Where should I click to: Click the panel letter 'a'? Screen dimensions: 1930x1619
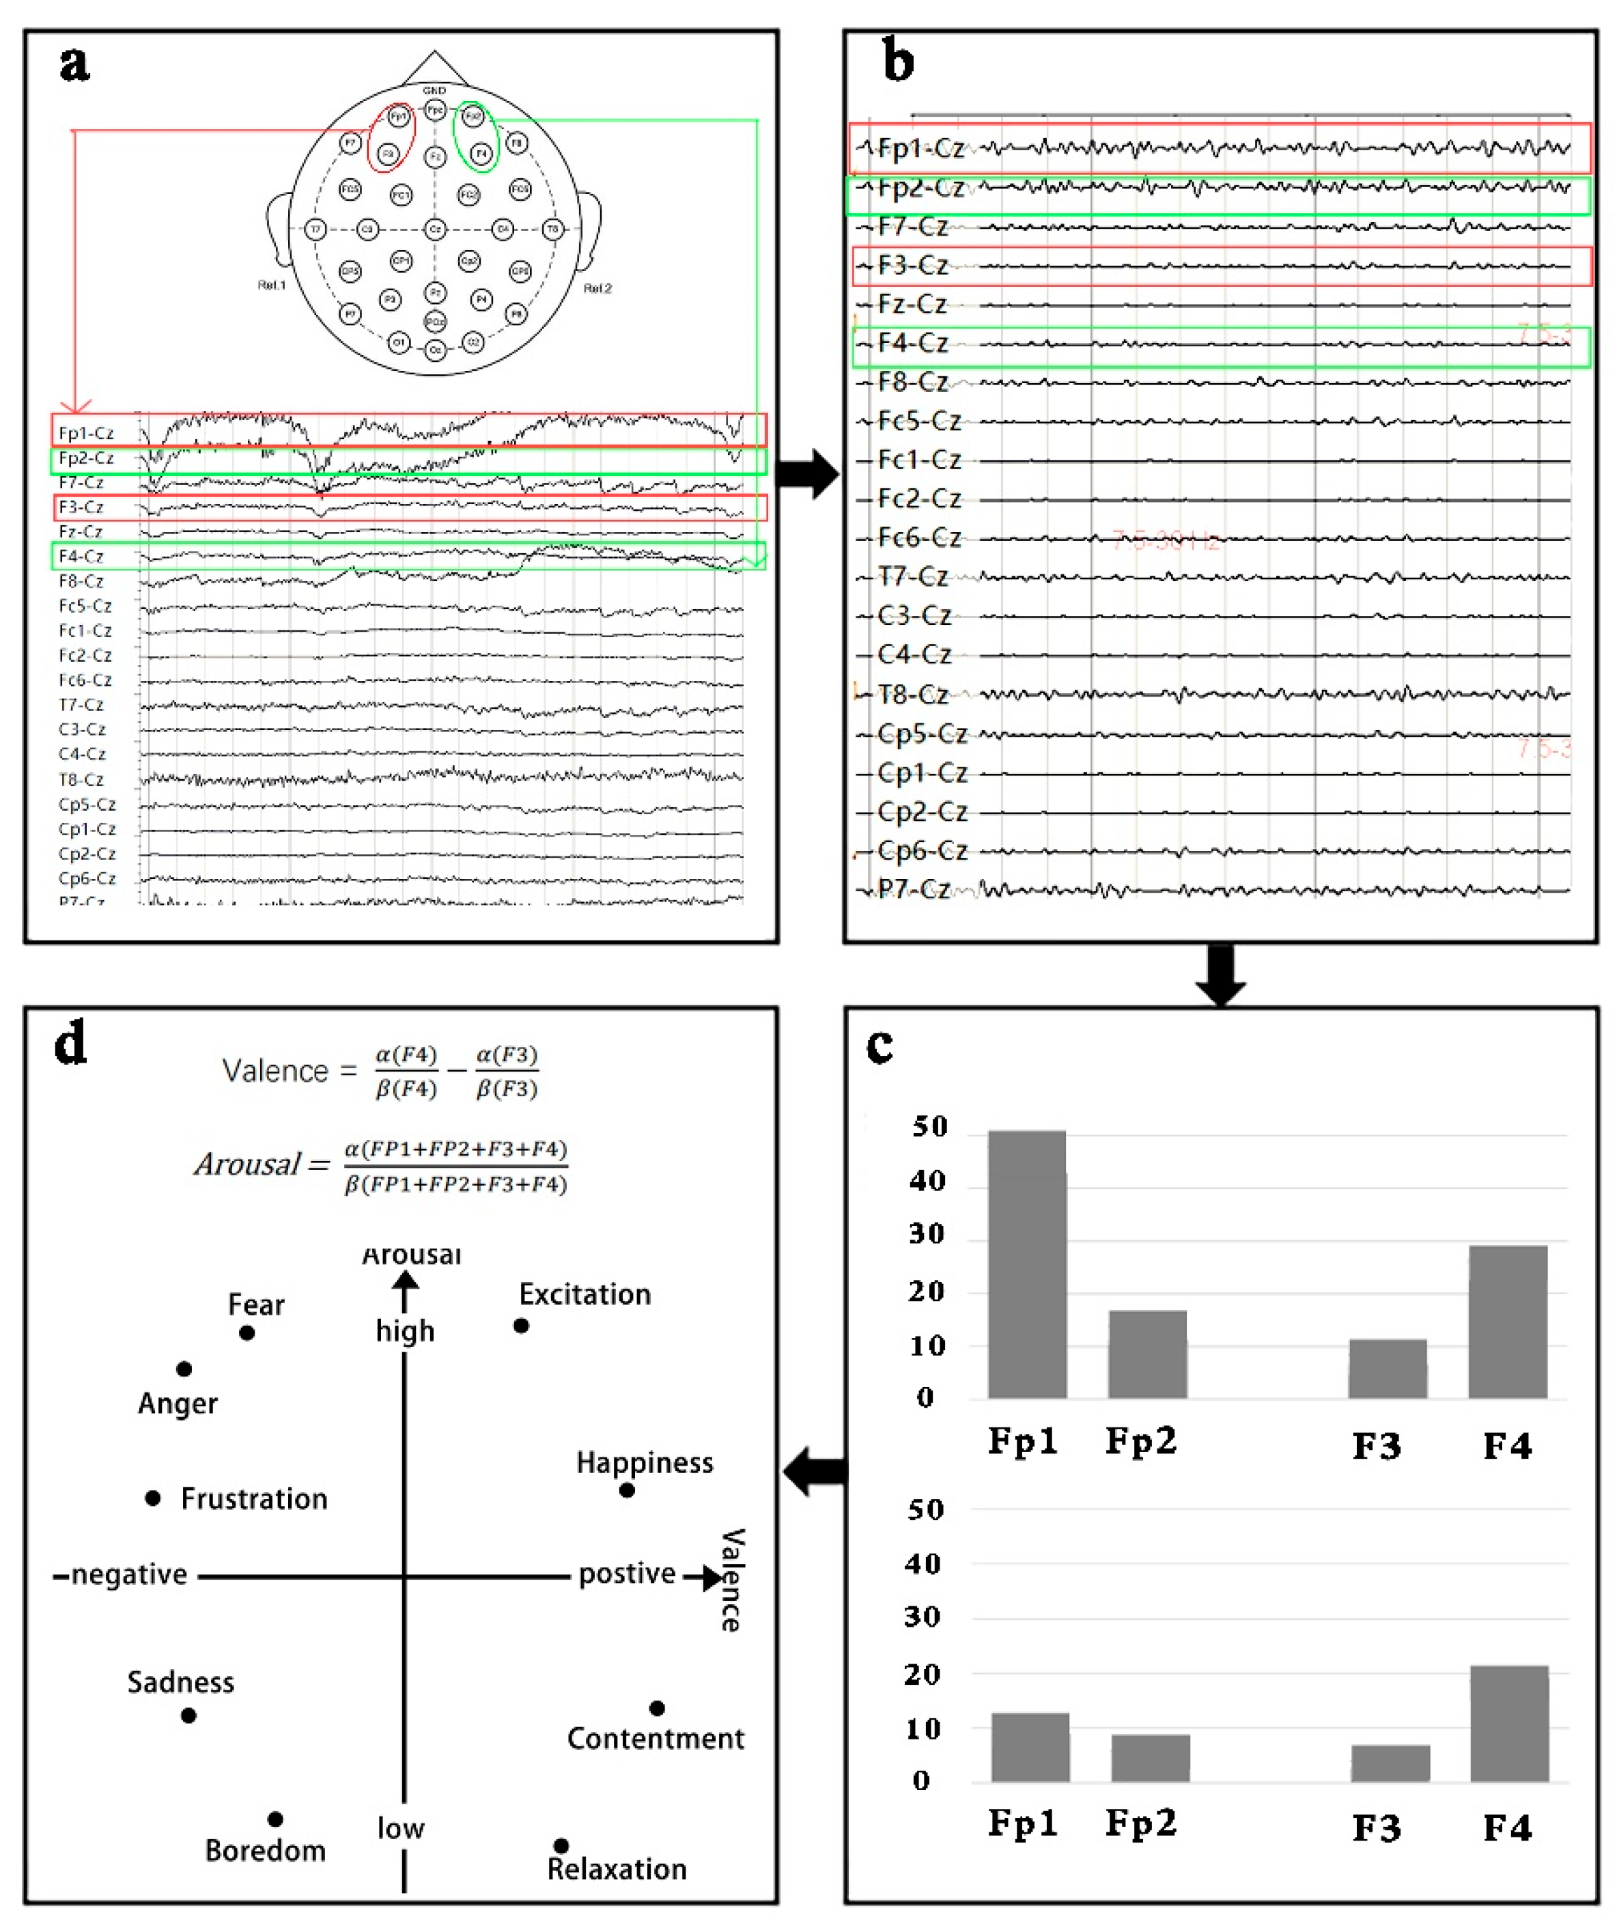click(74, 64)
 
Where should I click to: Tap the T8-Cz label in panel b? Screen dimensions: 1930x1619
click(912, 694)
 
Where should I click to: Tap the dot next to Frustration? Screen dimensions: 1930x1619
click(154, 1498)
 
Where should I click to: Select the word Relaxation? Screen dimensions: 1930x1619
click(617, 1869)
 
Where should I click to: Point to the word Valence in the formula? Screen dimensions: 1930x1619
click(274, 1071)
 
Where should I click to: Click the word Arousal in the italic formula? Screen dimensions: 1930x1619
click(247, 1165)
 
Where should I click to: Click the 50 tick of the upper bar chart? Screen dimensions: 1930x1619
click(929, 1128)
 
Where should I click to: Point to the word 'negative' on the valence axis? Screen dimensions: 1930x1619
click(130, 1576)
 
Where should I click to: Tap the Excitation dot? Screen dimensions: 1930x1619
click(521, 1326)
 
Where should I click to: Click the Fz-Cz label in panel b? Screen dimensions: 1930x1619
click(912, 303)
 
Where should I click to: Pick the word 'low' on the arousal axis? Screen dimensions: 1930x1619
click(401, 1828)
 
